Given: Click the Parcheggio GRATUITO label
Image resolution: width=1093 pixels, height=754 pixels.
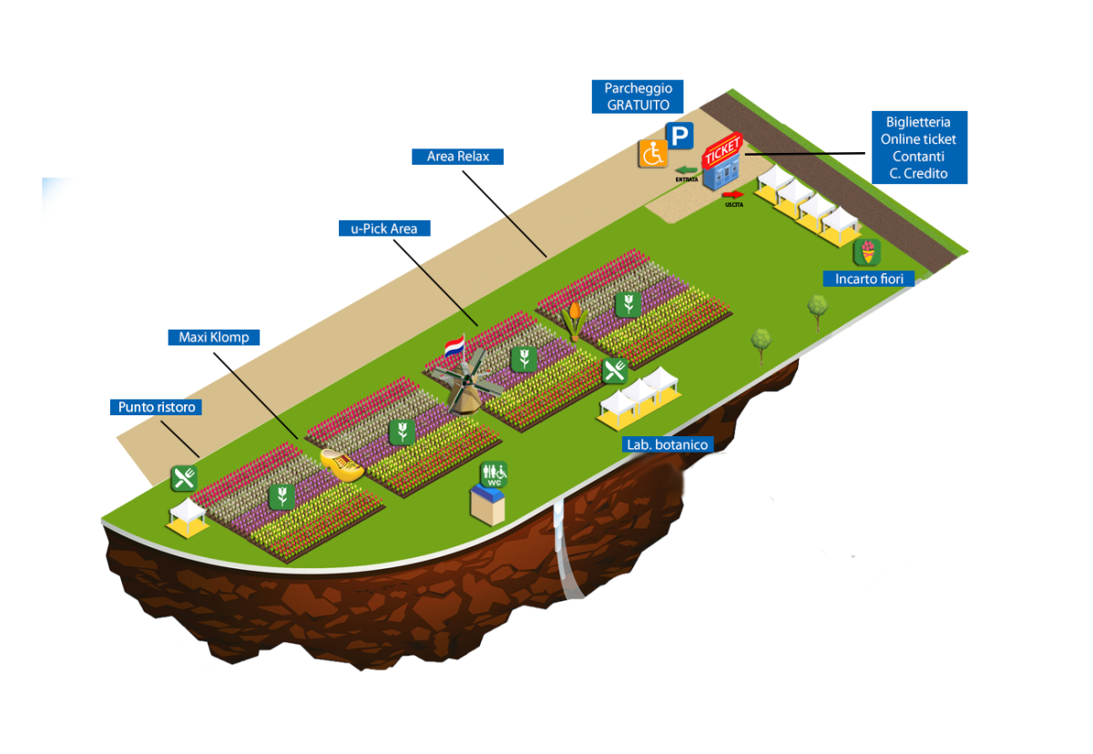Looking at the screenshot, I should point(638,97).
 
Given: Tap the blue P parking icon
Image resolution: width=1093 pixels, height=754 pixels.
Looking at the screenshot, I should point(679,137).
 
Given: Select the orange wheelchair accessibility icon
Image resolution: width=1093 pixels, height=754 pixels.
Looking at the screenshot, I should point(651,153).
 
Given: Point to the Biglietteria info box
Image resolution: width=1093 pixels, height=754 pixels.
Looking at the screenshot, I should point(920,148).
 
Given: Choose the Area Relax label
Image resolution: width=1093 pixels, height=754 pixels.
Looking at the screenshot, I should point(457,156).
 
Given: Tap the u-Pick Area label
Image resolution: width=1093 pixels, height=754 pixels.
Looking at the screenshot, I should point(383,229).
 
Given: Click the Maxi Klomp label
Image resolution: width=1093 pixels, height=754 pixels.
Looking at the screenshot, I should point(214,337).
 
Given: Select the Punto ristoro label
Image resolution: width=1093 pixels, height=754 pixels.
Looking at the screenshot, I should point(157,407).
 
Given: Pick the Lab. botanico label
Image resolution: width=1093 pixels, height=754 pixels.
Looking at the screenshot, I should point(667,444).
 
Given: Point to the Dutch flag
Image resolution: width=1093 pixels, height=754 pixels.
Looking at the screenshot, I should point(454,347).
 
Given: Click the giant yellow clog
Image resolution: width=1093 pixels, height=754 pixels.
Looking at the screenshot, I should point(343,464).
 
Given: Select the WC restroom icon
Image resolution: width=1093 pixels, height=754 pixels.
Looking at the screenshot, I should point(495,474).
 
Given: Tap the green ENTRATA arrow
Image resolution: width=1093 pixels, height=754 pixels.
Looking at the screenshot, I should point(685,169).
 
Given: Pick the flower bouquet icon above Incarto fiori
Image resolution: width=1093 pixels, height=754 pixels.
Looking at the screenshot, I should point(867,251).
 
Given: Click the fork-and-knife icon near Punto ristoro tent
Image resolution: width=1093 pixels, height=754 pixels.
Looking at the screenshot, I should point(185,478).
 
